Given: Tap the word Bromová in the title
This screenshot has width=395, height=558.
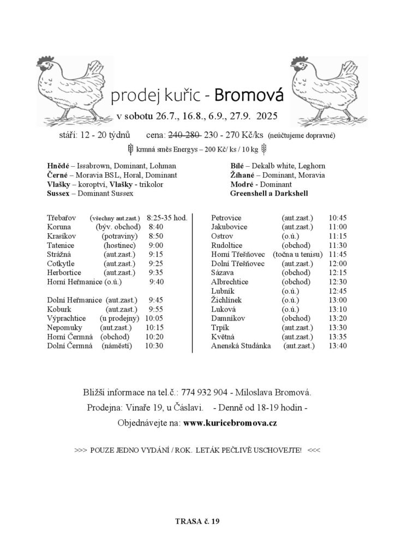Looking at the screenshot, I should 249,96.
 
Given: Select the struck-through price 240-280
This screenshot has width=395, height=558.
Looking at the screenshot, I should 187,135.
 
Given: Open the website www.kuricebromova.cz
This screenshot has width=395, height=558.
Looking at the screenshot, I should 230,423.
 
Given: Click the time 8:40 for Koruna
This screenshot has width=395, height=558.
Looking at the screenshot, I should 156,227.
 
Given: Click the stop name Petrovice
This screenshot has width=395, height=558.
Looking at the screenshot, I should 226,218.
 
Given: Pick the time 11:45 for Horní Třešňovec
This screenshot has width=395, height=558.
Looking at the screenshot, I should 338,254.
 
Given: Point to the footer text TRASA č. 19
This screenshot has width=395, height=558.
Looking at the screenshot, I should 197,521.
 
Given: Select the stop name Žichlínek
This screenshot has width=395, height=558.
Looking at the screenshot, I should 226,300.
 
